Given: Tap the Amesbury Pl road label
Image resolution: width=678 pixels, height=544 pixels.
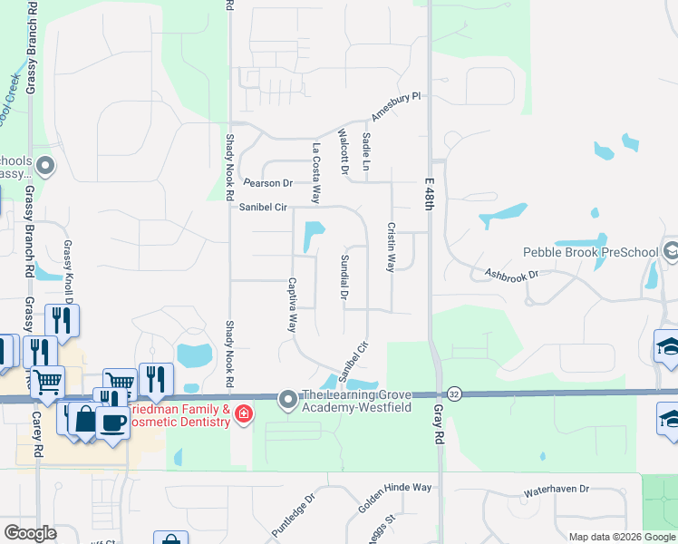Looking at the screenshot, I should (x=397, y=107).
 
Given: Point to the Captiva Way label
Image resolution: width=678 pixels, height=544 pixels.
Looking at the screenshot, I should (x=292, y=305).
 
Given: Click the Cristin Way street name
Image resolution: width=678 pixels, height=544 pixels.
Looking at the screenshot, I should (x=392, y=248).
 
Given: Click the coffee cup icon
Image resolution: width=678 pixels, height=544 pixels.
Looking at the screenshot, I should (x=112, y=421).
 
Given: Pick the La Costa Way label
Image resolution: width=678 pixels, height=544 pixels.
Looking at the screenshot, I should (x=316, y=173).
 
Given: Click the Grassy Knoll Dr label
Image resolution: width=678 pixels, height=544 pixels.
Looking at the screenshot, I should (x=67, y=267).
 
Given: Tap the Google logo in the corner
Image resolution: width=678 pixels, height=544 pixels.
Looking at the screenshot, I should (x=30, y=533).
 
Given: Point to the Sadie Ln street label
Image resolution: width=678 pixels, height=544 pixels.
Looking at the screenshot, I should (x=367, y=151).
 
